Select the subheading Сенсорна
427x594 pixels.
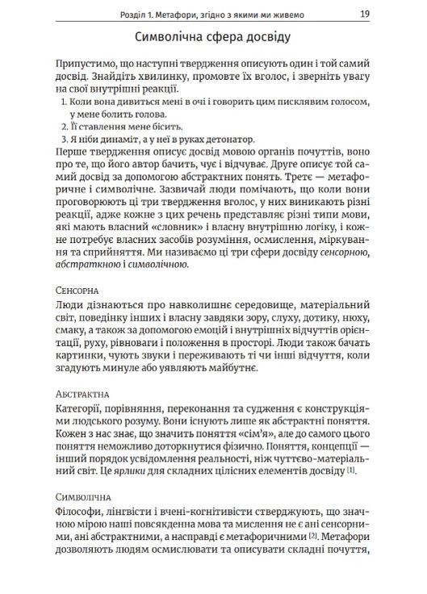[77, 288]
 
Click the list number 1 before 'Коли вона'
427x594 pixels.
[65, 104]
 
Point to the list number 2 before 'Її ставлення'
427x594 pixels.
[65, 126]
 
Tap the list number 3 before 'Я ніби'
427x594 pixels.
[65, 139]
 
